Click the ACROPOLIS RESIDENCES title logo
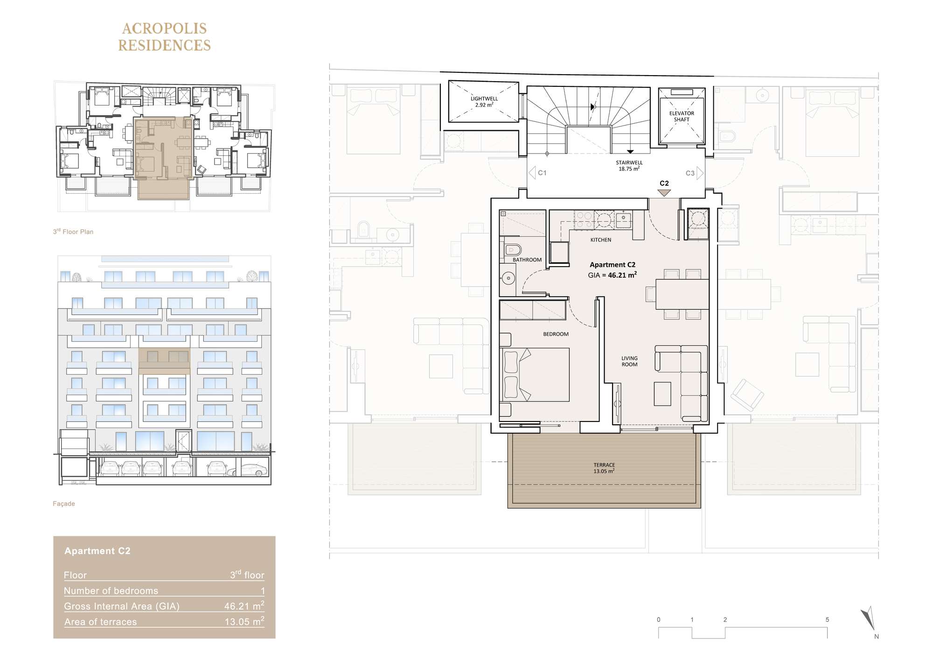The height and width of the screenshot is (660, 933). point(164,37)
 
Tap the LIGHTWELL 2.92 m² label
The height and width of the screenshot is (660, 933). point(484,102)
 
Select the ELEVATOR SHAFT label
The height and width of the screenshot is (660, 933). point(682,116)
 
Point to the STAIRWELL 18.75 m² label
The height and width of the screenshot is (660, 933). point(629,166)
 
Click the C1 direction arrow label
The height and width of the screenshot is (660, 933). point(537,173)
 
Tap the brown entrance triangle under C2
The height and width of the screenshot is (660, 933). point(664,193)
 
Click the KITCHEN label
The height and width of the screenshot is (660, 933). point(601,240)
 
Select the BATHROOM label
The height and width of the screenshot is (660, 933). point(527,260)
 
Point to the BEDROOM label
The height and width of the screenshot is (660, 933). point(556,334)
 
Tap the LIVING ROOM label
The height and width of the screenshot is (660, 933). point(629,361)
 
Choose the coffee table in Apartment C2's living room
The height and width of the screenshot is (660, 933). point(662,393)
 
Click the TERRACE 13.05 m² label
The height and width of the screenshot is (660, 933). point(604,468)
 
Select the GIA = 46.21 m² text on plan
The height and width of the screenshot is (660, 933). point(613,275)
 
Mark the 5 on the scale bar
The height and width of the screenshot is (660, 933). point(827,620)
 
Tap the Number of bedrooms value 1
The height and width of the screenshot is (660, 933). point(263,591)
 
